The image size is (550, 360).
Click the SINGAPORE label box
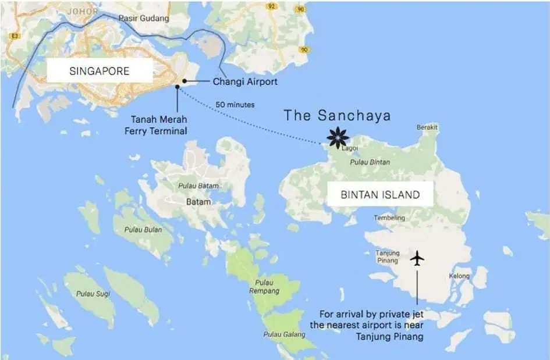99,72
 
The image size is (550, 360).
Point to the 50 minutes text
235,105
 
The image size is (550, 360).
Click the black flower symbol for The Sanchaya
338,137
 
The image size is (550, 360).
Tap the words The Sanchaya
337,116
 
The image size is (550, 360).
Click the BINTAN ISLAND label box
379,195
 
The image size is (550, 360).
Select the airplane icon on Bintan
417,258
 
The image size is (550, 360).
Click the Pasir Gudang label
144,18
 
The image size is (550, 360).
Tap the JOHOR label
83,11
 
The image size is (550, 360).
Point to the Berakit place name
427,127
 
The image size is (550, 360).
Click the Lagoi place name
349,148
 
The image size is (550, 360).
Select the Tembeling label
389,218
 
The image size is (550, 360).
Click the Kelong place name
459,276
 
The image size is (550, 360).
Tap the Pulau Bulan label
143,230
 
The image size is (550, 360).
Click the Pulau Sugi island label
90,294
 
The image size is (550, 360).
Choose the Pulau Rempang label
264,287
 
